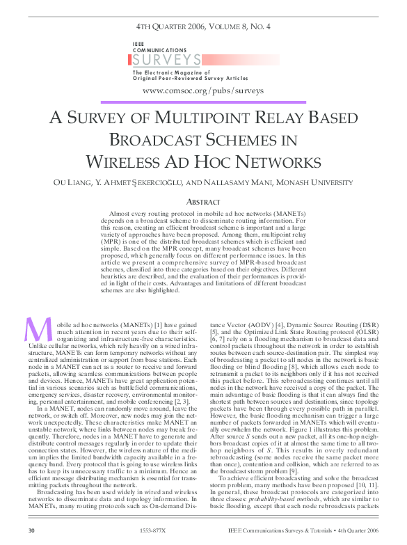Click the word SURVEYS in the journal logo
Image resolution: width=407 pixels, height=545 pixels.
(167, 60)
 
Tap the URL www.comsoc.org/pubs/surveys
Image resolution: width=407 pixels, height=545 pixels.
(202, 90)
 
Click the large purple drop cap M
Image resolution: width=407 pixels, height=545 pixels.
(35, 329)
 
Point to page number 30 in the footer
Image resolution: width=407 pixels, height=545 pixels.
(30, 530)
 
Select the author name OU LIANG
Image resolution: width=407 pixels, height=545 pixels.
(74, 183)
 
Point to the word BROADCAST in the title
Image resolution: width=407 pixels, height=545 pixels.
(159, 139)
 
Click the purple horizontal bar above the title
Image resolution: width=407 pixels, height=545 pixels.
(203, 103)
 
